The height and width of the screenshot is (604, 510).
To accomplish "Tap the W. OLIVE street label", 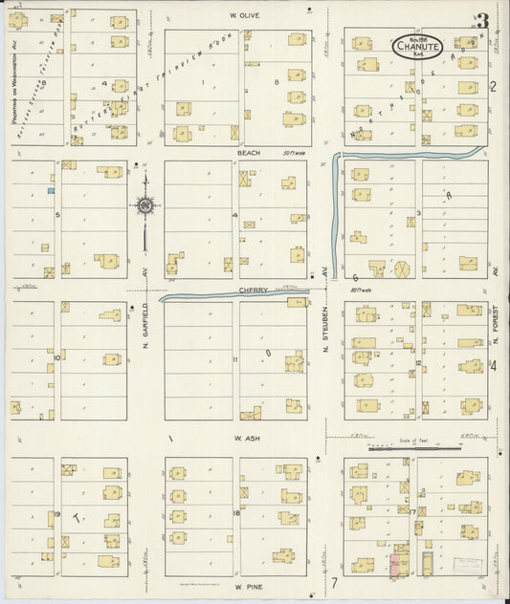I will pyautogui.click(x=245, y=15).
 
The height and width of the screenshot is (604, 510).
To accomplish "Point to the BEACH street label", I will pyautogui.click(x=249, y=152).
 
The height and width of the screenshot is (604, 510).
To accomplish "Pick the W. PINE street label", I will pyautogui.click(x=248, y=587).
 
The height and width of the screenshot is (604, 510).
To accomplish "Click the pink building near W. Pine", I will pyautogui.click(x=394, y=563).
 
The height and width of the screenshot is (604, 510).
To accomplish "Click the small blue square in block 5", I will pyautogui.click(x=50, y=191).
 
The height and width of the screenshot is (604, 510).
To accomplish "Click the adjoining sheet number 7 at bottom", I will pyautogui.click(x=335, y=582).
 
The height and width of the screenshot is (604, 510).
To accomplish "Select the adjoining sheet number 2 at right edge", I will pyautogui.click(x=494, y=87).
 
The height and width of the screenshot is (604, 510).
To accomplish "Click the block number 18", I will pyautogui.click(x=234, y=513).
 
